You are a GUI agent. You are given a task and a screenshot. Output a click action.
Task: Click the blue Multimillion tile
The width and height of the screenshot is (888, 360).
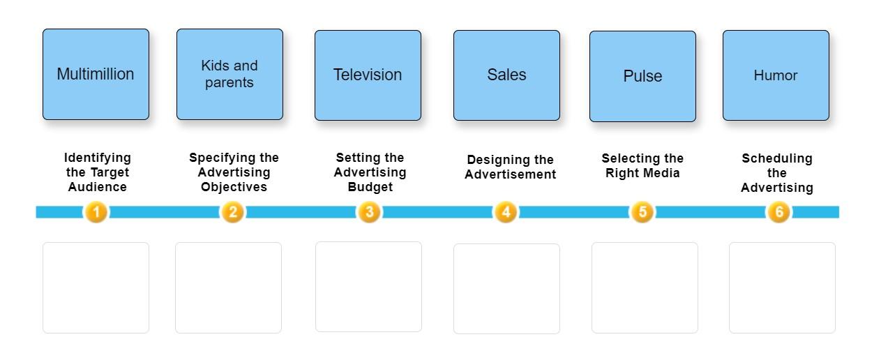pos(96,74)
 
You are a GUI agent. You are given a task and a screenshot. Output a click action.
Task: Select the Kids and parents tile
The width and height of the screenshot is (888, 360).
pos(229,74)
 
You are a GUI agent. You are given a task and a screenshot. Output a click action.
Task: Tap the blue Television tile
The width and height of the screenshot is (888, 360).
pos(368,75)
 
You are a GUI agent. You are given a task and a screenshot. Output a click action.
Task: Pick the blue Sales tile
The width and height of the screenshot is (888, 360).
pos(506,75)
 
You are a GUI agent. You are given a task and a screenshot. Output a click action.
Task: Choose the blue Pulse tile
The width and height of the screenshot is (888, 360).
pos(642,76)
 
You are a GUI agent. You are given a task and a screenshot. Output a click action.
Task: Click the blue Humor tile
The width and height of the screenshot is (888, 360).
pos(776,75)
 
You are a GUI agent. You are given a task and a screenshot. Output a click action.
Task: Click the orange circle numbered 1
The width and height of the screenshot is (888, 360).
pos(96,211)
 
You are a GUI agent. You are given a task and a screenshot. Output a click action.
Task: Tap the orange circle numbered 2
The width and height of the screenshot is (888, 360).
pos(233,211)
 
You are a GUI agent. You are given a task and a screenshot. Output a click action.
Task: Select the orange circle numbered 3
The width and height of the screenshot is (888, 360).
pos(369,211)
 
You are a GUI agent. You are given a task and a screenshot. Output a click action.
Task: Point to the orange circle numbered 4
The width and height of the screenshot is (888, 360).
pos(506,211)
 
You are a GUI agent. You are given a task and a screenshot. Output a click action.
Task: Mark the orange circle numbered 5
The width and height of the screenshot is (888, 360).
pos(642,211)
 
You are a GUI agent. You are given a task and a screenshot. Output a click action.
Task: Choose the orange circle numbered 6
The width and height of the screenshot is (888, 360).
pos(778,211)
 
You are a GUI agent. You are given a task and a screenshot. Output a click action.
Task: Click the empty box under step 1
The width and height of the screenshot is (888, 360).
pos(96,287)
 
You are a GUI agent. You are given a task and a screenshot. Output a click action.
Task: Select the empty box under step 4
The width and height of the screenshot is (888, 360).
pos(506,288)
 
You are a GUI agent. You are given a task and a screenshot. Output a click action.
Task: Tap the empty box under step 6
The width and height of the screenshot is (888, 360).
pos(782,287)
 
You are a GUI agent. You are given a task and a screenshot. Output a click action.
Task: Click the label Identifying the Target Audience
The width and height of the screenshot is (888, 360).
pos(98,172)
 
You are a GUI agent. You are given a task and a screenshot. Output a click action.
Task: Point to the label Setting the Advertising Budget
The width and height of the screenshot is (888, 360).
pos(370,172)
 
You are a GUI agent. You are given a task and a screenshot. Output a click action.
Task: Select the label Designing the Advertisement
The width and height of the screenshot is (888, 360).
pos(510,167)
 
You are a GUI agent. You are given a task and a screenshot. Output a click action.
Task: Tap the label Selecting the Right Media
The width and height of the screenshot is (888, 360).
pos(642,165)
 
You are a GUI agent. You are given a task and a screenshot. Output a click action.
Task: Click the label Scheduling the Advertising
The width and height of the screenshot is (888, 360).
pos(777,173)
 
